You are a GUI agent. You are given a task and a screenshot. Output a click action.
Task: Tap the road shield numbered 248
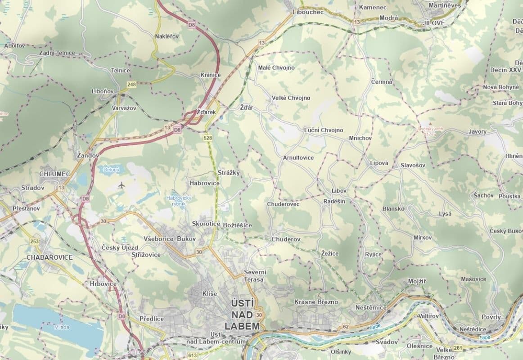(x=131, y=84)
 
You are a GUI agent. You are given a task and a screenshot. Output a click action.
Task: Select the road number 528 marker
(x=207, y=138)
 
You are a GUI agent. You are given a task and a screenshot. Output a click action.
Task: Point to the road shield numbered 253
(x=34, y=242)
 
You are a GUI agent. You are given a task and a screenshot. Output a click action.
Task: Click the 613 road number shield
(x=193, y=355)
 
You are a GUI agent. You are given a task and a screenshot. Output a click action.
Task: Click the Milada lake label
(x=62, y=327)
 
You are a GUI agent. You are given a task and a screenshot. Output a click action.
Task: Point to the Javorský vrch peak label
(x=430, y=131)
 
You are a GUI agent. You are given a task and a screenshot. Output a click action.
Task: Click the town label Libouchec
(x=308, y=12)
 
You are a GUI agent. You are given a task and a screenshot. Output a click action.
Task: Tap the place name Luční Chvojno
(x=323, y=130)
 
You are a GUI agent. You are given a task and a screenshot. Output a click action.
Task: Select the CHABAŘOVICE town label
(x=50, y=257)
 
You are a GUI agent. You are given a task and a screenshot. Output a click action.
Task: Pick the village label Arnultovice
(x=298, y=158)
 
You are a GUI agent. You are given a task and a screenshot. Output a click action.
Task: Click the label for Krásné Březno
(x=316, y=301)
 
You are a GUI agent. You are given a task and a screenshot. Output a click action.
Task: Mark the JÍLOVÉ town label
(x=434, y=22)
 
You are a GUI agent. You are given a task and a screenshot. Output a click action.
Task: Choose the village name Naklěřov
(x=167, y=36)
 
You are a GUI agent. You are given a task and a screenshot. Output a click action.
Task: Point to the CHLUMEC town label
(x=54, y=173)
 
